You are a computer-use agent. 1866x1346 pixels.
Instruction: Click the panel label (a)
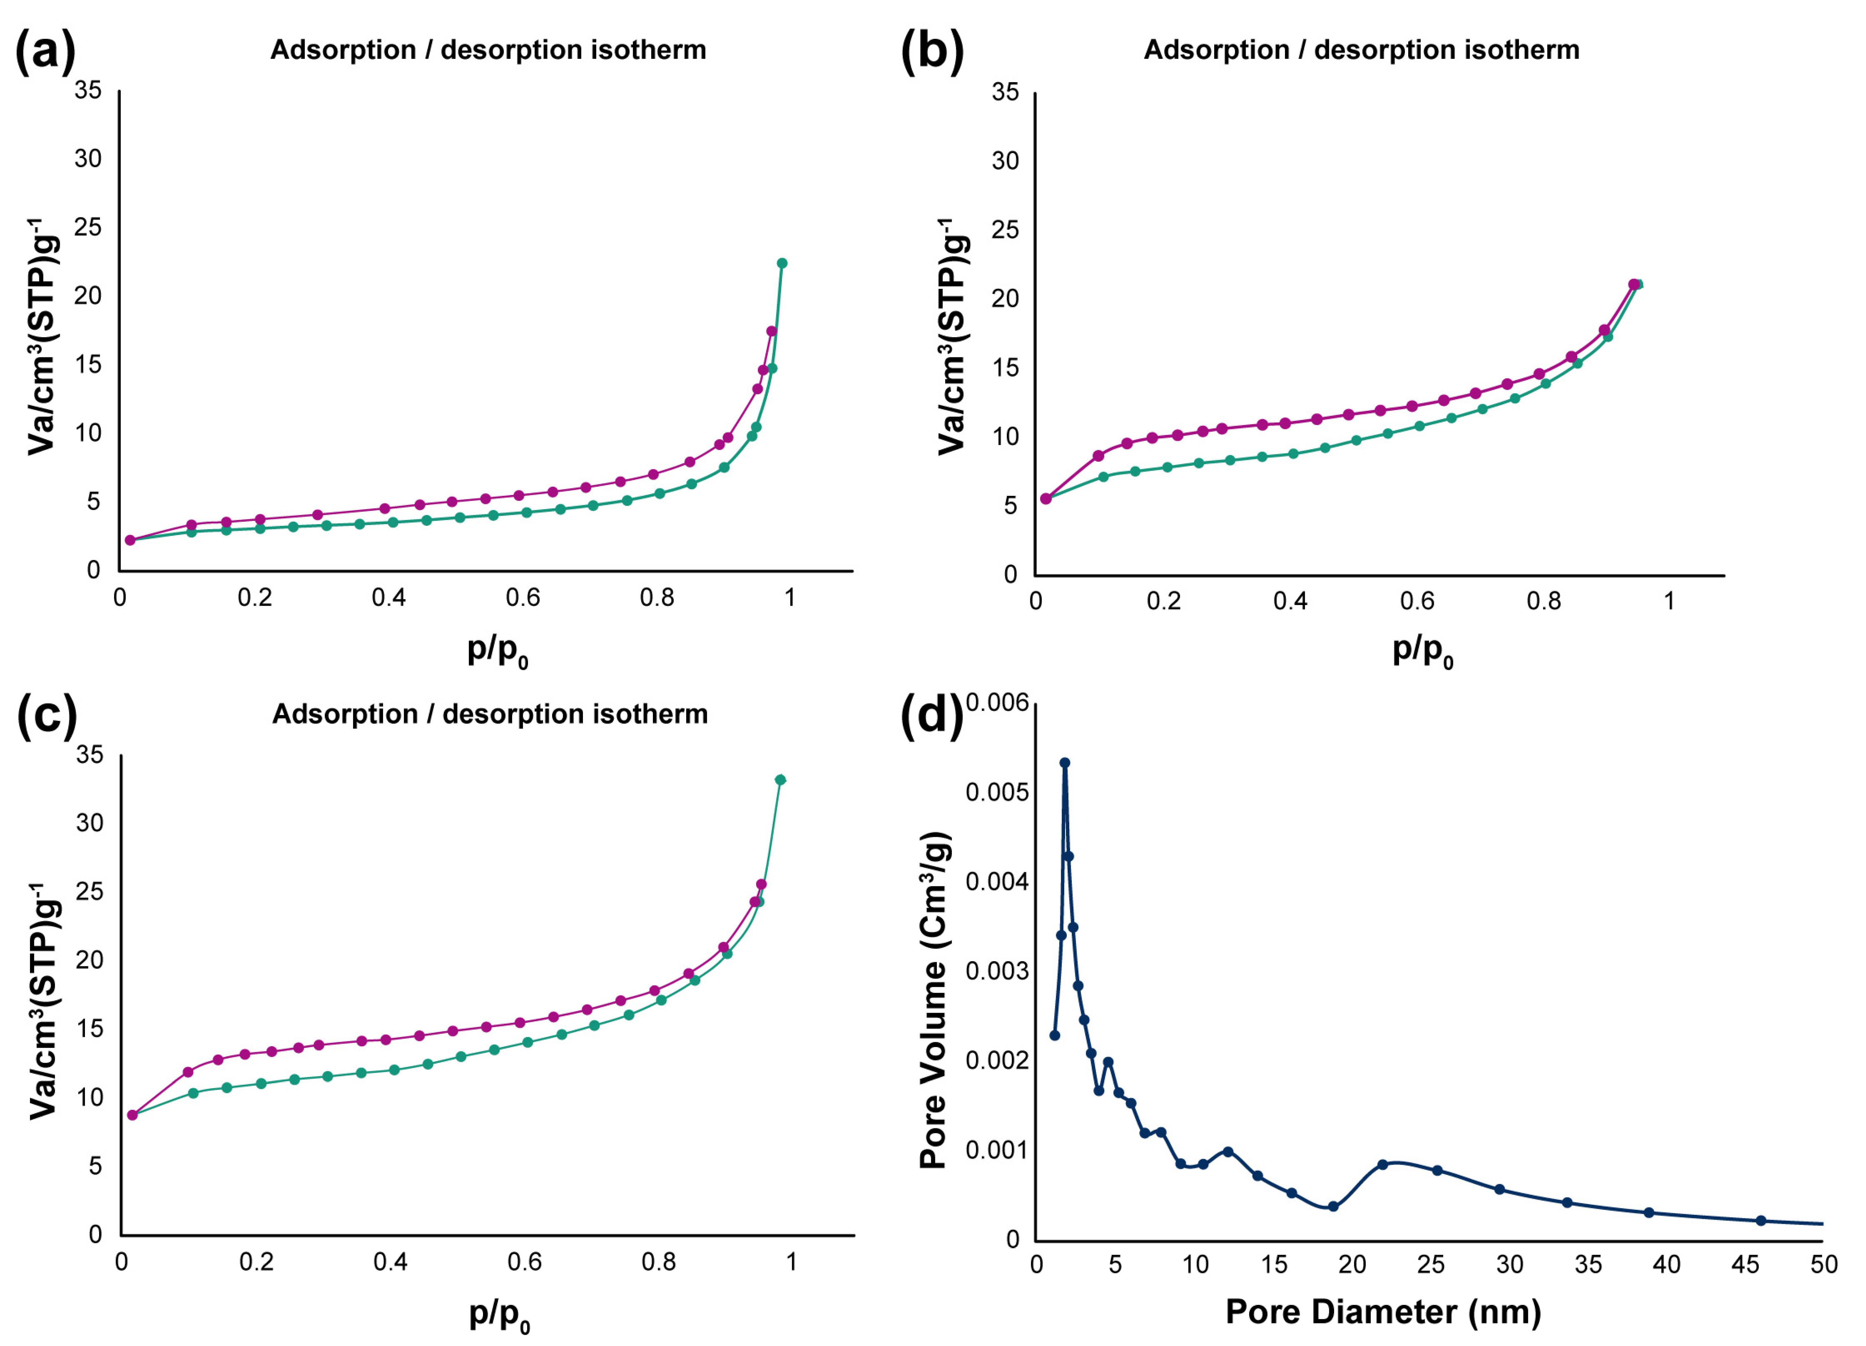pyautogui.click(x=45, y=51)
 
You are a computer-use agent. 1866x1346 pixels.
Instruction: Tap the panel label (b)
pyautogui.click(x=932, y=51)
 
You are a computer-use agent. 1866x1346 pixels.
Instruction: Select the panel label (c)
pyautogui.click(x=47, y=715)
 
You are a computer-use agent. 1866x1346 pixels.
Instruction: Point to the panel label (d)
pyautogui.click(x=932, y=715)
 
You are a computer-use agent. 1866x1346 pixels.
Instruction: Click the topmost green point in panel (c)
pyautogui.click(x=780, y=780)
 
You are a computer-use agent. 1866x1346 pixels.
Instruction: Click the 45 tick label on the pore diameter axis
pyautogui.click(x=1745, y=1264)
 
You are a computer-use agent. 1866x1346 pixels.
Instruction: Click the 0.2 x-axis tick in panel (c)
pyautogui.click(x=256, y=1262)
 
